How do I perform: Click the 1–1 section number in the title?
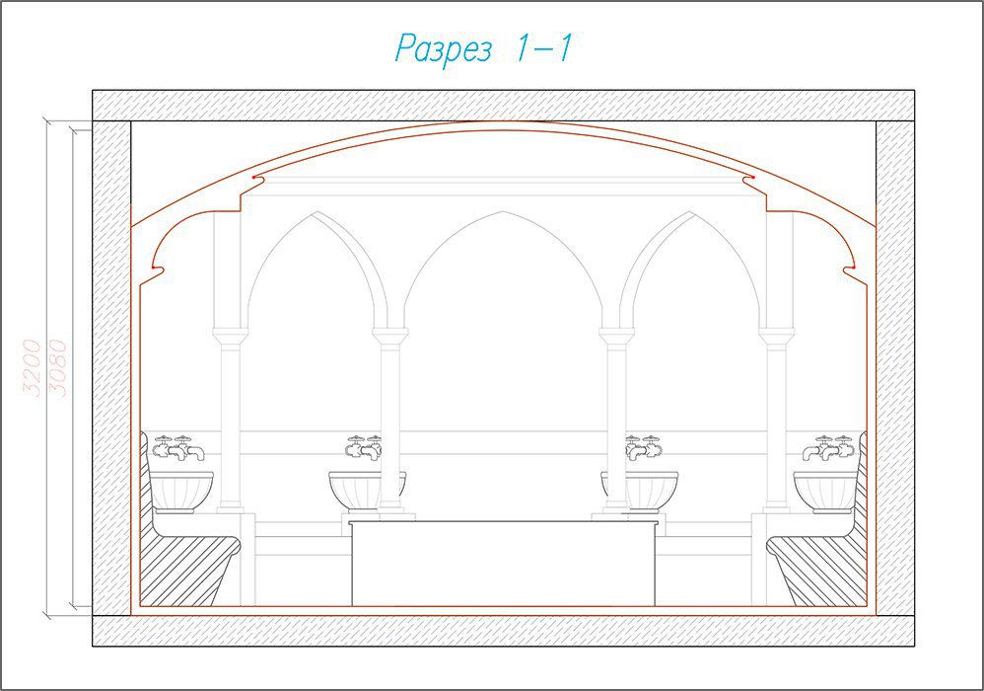(x=543, y=47)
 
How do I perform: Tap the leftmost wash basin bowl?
(x=181, y=492)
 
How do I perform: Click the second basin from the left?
(x=367, y=492)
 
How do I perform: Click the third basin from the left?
(x=640, y=492)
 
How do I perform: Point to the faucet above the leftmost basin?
(x=178, y=447)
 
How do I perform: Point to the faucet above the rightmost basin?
(x=828, y=447)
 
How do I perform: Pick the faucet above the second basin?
(x=364, y=446)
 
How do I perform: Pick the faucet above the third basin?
(x=643, y=446)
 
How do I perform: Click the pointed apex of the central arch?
(x=503, y=211)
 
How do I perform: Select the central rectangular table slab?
(x=503, y=563)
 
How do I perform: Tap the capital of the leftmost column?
(x=227, y=335)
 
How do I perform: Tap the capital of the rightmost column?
(x=778, y=335)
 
